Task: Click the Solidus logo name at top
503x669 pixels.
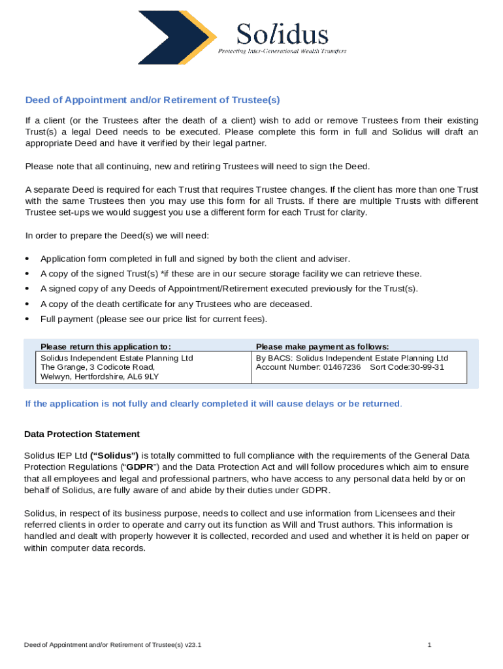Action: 282,33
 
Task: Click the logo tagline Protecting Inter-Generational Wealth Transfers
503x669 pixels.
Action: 282,51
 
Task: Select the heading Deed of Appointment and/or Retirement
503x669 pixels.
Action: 152,100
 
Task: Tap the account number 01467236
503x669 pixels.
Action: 342,367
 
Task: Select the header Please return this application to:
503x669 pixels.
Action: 106,346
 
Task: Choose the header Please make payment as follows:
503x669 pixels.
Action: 322,346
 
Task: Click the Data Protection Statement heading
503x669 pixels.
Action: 82,434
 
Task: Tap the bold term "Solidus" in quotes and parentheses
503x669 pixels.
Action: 114,455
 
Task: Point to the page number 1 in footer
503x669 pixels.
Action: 429,645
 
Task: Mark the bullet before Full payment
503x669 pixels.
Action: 27,319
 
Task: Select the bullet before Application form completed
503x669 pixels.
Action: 27,259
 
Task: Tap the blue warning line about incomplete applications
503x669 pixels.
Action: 213,404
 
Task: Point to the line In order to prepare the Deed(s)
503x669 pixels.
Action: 116,235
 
